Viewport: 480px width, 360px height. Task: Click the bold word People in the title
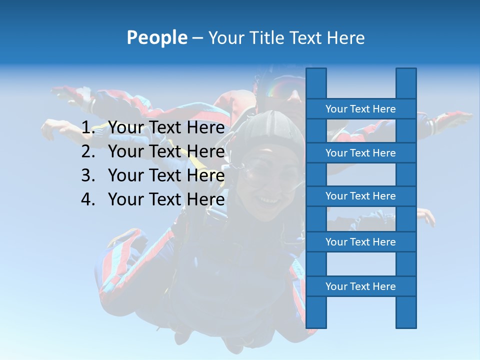pyautogui.click(x=157, y=37)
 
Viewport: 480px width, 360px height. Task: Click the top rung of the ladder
pyautogui.click(x=360, y=109)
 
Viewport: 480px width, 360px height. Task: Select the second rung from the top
pyautogui.click(x=360, y=153)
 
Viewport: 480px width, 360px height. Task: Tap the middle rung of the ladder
pyautogui.click(x=360, y=196)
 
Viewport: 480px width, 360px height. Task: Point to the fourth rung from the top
pyautogui.click(x=360, y=242)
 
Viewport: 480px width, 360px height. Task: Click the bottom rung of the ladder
pyautogui.click(x=360, y=286)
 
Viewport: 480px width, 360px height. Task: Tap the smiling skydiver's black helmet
pyautogui.click(x=270, y=125)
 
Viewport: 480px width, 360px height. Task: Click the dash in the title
pyautogui.click(x=197, y=38)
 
